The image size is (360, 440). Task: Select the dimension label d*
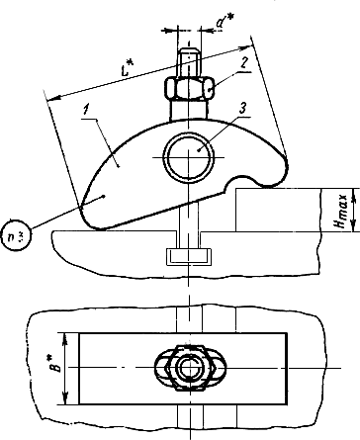[x=225, y=22]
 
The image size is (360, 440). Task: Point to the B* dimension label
[x=57, y=363]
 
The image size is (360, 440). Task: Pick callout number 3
[x=243, y=110]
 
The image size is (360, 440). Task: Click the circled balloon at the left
[x=16, y=234]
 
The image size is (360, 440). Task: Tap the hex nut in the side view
[x=189, y=89]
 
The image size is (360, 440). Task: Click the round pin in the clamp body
[x=189, y=157]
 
